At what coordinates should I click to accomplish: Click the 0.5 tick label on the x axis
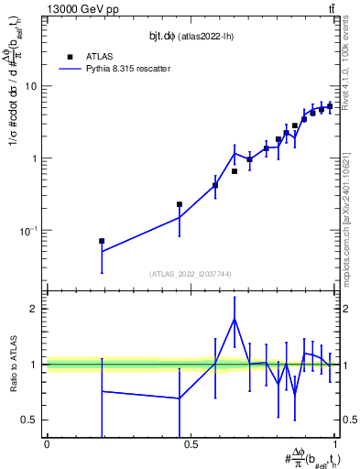tap(191, 444)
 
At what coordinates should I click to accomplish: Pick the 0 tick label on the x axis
tap(47, 444)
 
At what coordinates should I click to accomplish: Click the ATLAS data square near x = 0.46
tap(180, 204)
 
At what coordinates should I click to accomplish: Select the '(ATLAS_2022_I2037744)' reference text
tap(191, 274)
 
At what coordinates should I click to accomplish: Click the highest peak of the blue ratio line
tap(235, 319)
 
